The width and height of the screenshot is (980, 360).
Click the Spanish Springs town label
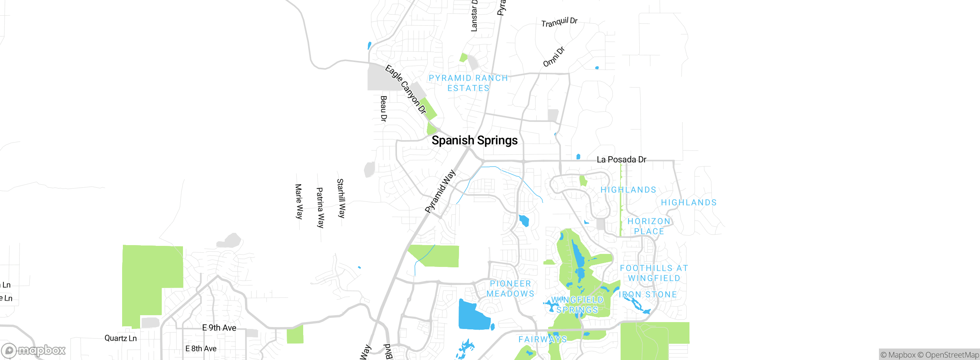point(474,141)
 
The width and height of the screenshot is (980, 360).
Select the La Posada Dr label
point(621,159)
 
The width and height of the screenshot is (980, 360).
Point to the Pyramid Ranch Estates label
point(468,83)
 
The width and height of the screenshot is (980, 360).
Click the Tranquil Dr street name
point(559,22)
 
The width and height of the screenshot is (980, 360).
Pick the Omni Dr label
point(554,57)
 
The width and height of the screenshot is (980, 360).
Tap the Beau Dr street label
point(383,109)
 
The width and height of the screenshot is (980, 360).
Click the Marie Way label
point(299,201)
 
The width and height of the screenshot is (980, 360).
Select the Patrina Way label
point(320,208)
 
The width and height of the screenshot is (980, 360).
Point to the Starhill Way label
point(341,198)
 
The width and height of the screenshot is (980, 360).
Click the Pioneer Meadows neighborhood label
point(510,289)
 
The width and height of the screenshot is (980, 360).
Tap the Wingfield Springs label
point(577,305)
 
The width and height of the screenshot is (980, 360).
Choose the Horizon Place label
point(649,226)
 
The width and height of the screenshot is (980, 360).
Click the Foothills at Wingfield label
point(654,273)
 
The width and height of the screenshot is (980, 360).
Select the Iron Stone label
point(648,295)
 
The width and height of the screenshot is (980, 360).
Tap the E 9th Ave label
point(219,328)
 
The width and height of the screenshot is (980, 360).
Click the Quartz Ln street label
point(121,338)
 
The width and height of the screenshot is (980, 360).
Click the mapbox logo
point(34,350)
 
